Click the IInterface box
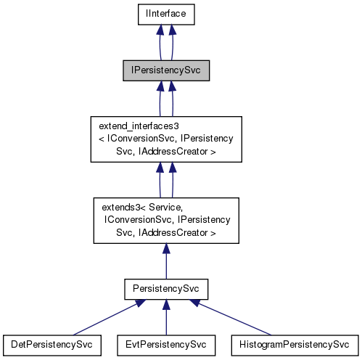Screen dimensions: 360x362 166,13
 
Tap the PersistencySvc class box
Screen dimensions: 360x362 166,288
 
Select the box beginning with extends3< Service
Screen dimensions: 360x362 166,219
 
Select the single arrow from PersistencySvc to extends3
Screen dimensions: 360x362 166,261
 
